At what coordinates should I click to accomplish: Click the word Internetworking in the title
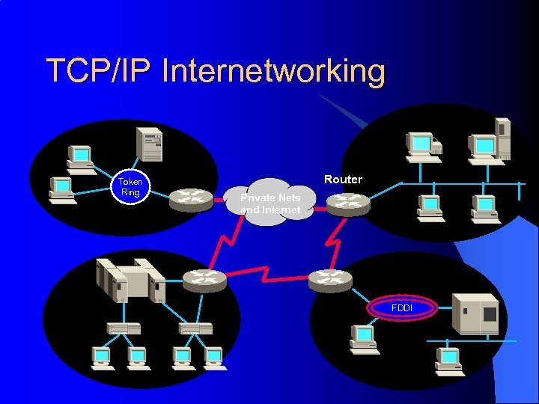pyautogui.click(x=273, y=72)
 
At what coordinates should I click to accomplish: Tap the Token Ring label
pyautogui.click(x=130, y=187)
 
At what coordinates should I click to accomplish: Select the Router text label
pyautogui.click(x=343, y=180)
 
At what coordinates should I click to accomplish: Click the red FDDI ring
pyautogui.click(x=401, y=308)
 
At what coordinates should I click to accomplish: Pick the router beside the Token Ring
pyautogui.click(x=190, y=198)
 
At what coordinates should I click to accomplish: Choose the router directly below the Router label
pyautogui.click(x=347, y=203)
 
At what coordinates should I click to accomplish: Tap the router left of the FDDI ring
pyautogui.click(x=329, y=279)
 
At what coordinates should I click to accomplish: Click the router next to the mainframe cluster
pyautogui.click(x=204, y=279)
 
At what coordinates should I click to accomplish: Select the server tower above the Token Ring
pyautogui.click(x=148, y=144)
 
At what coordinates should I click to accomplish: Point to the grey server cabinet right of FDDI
pyautogui.click(x=476, y=313)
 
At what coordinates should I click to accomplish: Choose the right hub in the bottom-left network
pyautogui.click(x=195, y=328)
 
